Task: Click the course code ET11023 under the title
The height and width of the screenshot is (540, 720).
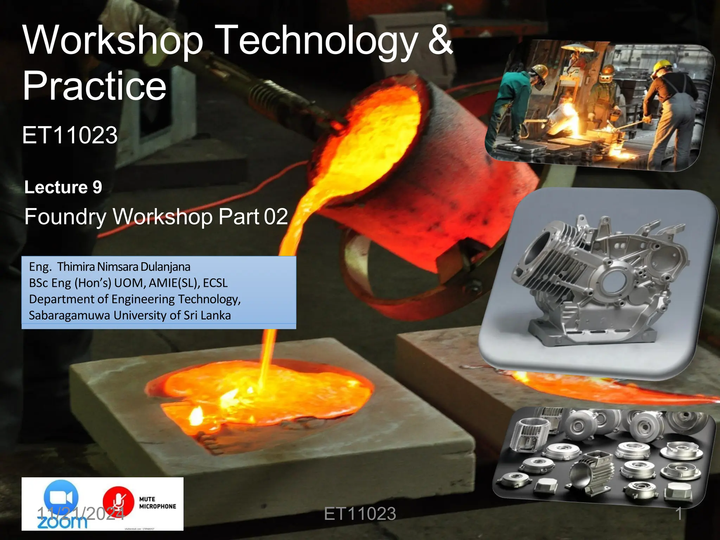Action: click(x=70, y=135)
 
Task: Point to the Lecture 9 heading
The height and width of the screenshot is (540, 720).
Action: click(x=63, y=187)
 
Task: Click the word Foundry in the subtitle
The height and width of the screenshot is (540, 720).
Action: click(x=65, y=217)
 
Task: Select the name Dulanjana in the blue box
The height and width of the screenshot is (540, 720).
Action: click(x=165, y=267)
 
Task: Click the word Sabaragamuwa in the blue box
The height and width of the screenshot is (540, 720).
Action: click(x=69, y=315)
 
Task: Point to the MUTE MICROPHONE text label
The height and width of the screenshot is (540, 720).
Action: click(x=157, y=503)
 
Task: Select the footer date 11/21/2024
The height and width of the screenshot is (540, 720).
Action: click(x=81, y=514)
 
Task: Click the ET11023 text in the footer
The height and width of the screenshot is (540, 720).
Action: click(x=360, y=514)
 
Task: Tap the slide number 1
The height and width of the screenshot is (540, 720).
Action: click(x=679, y=513)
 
